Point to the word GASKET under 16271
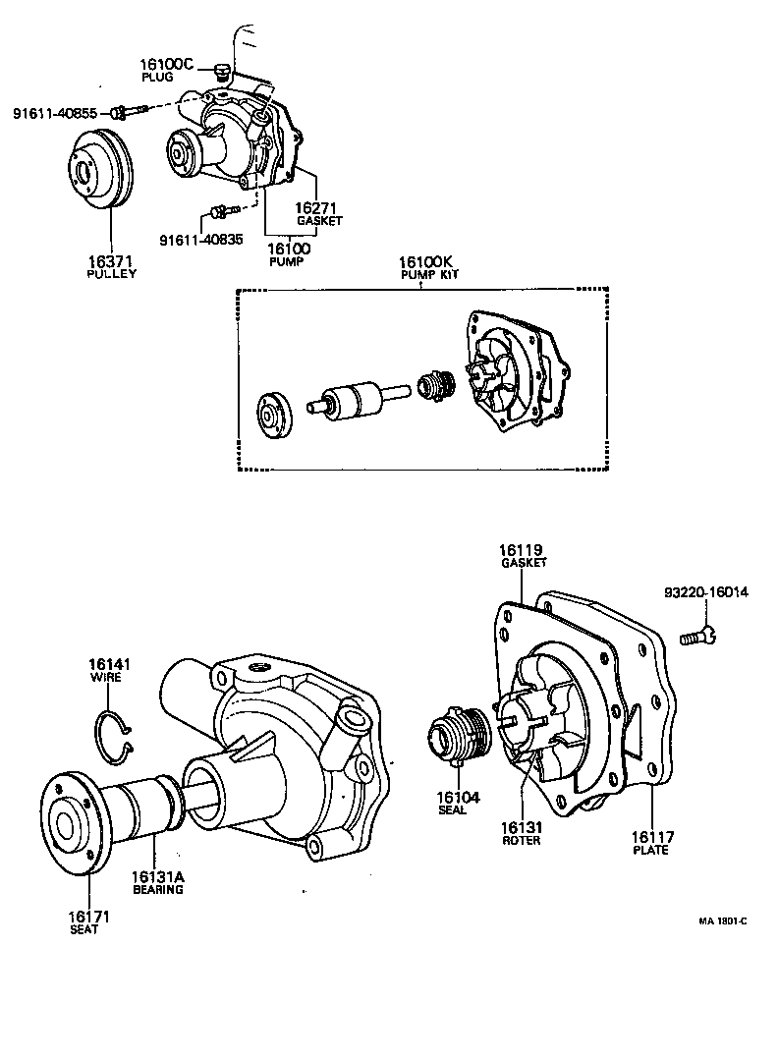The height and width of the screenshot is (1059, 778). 319,221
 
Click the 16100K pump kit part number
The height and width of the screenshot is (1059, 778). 424,262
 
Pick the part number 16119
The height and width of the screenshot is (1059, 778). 521,550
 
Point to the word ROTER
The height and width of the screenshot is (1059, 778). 521,841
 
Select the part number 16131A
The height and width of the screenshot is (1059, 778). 158,876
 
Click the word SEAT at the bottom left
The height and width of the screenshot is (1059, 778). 83,929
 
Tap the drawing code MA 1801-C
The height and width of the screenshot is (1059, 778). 723,921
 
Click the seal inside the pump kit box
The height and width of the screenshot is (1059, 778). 434,385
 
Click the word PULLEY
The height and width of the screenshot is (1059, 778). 111,273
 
